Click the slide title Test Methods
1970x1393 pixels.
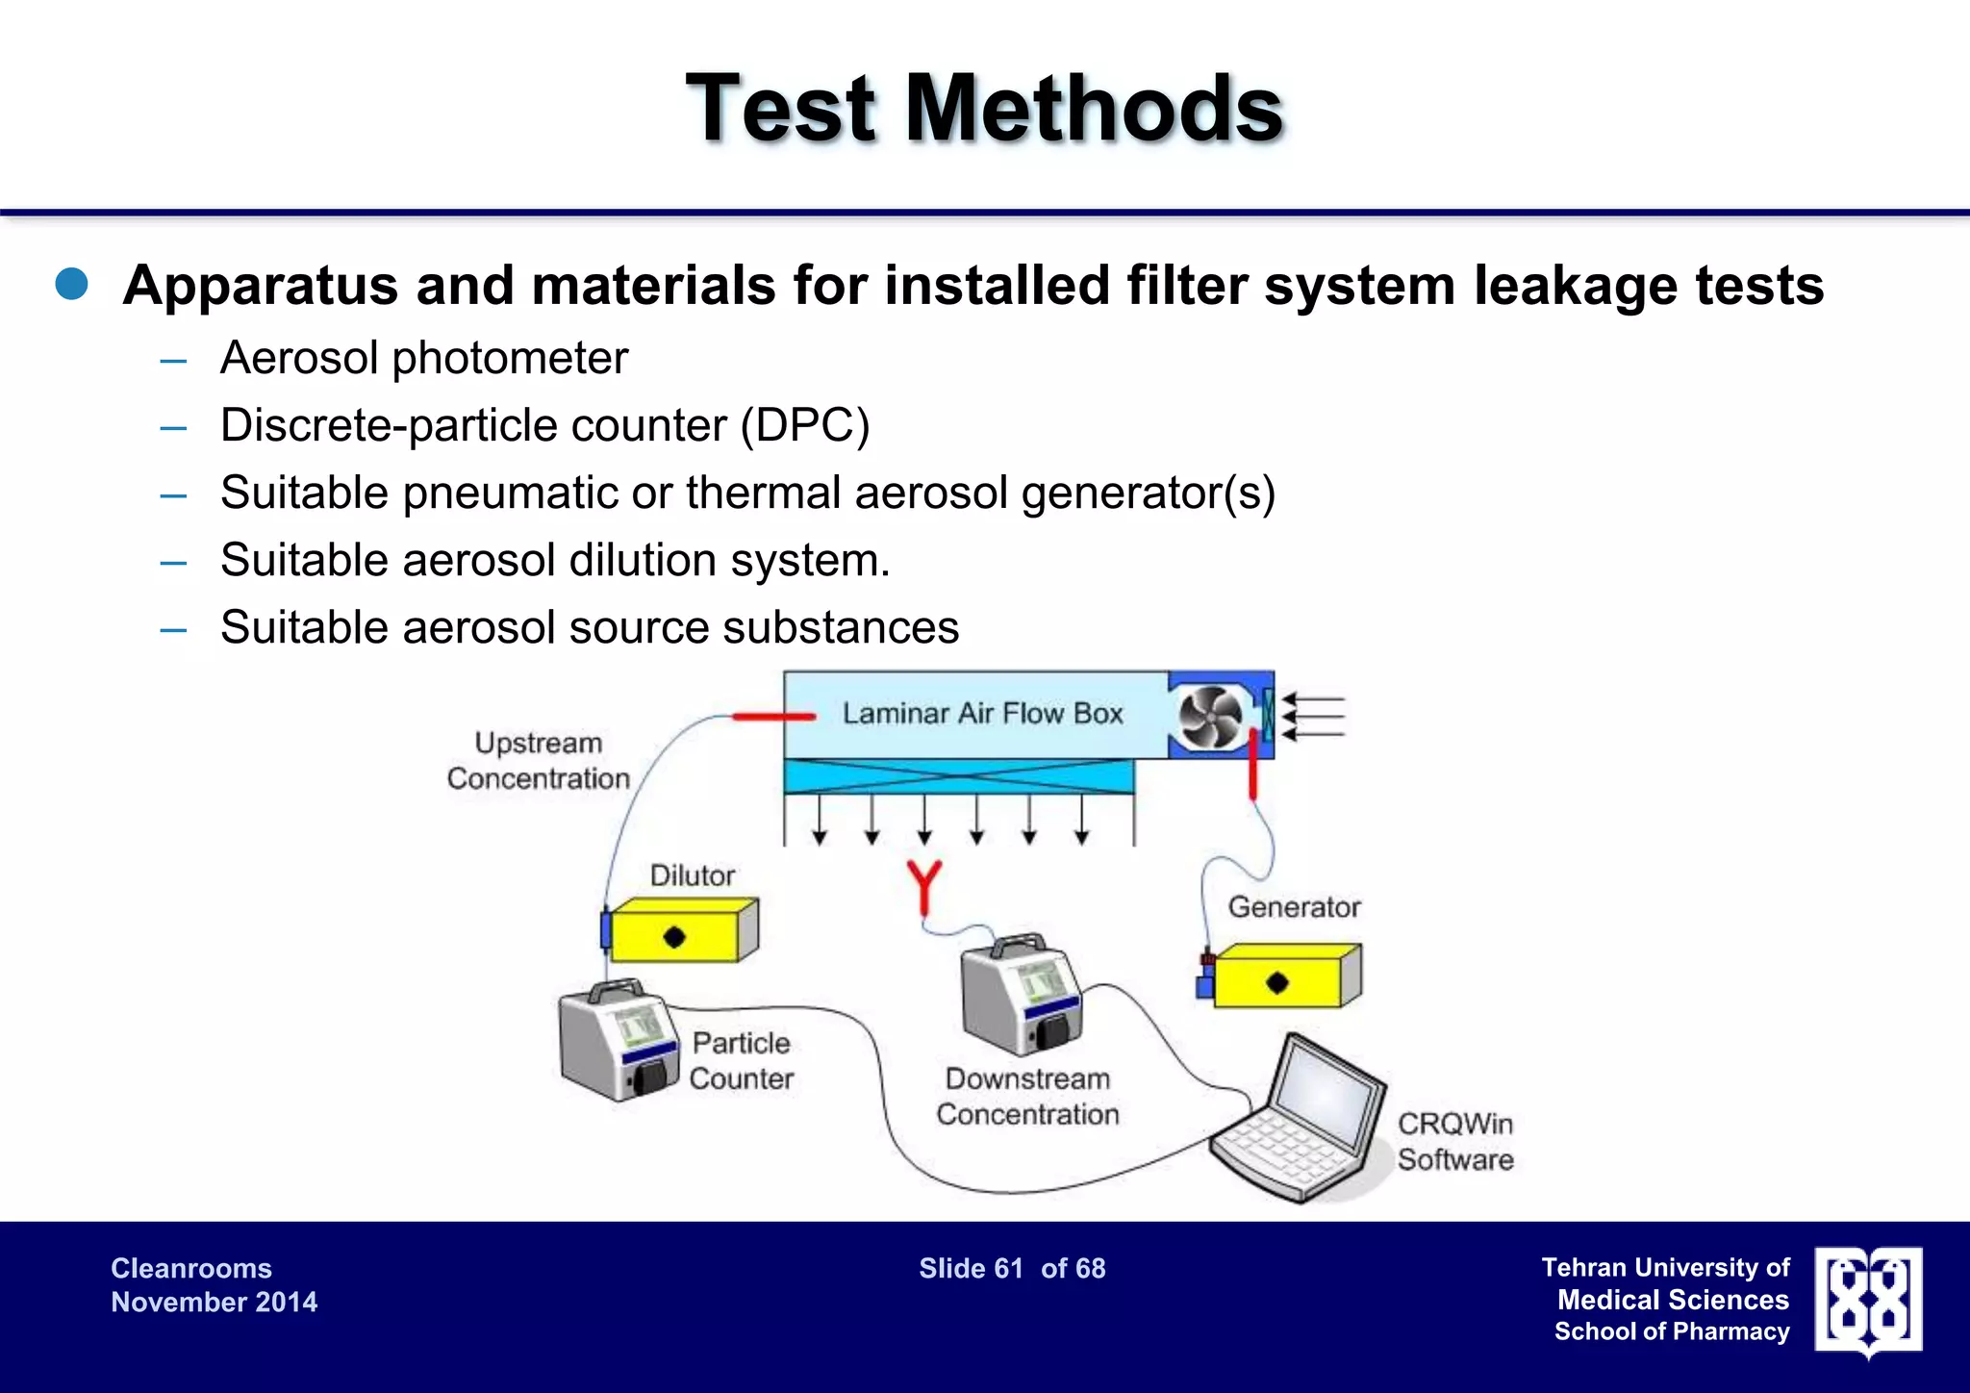pyautogui.click(x=984, y=109)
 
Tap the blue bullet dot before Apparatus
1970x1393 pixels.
pyautogui.click(x=72, y=285)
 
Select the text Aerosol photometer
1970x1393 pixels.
pyautogui.click(x=423, y=358)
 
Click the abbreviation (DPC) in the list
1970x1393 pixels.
pyautogui.click(x=804, y=425)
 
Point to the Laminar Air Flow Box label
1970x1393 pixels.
pyautogui.click(x=982, y=713)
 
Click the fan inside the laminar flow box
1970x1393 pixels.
pyautogui.click(x=1210, y=717)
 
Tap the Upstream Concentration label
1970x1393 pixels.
pyautogui.click(x=538, y=760)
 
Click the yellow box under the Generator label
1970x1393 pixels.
pyautogui.click(x=1283, y=976)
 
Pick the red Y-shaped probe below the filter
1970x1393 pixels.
pyautogui.click(x=923, y=885)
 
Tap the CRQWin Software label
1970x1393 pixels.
pyautogui.click(x=1454, y=1141)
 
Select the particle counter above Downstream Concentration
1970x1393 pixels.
pyautogui.click(x=1021, y=997)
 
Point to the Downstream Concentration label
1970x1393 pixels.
pyautogui.click(x=1027, y=1097)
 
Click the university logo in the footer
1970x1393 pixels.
pyautogui.click(x=1867, y=1301)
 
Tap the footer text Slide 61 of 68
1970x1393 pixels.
pyautogui.click(x=1012, y=1268)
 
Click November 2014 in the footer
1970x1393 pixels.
pyautogui.click(x=214, y=1302)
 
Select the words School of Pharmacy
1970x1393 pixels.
pyautogui.click(x=1671, y=1331)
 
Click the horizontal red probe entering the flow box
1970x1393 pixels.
pyautogui.click(x=773, y=716)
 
